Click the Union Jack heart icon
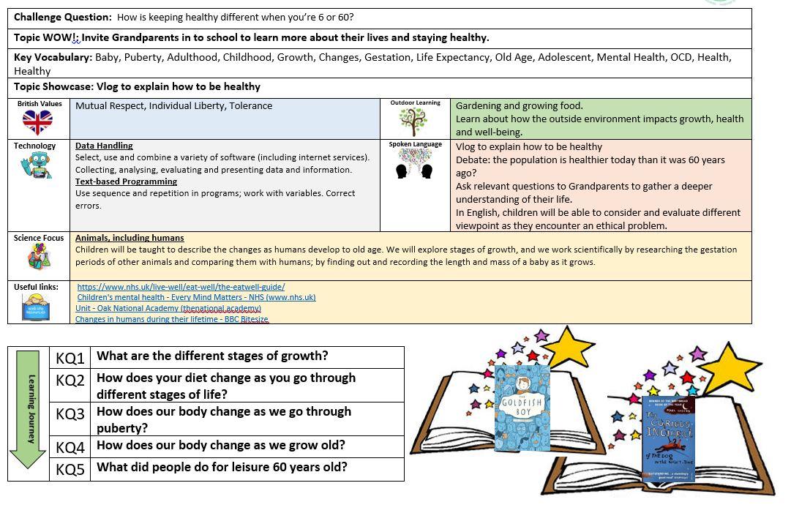37,121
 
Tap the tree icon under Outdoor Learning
413,121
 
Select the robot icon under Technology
34,165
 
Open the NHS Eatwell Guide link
181,287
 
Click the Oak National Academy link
168,308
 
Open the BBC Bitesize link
172,319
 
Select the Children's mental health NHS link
196,297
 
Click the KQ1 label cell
70,358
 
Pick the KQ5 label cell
70,469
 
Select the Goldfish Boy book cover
523,408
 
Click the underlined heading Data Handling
104,146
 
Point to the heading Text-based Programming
126,181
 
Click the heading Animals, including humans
130,238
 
